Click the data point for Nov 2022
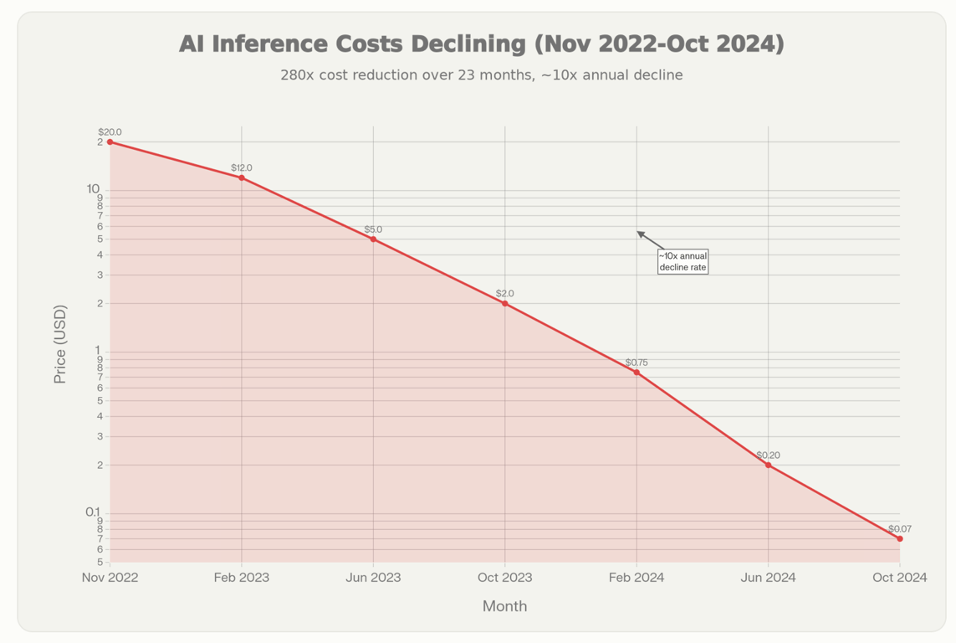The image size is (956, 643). point(110,142)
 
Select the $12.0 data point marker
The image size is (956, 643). point(242,177)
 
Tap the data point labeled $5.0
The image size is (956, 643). point(373,239)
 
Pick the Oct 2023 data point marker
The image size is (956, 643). point(505,303)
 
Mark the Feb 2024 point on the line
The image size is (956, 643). point(636,373)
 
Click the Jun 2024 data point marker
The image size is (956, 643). point(769,465)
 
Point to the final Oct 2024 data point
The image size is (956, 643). point(900,538)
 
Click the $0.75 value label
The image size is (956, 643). point(636,363)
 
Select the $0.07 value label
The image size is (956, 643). point(900,528)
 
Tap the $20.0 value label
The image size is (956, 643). point(110,132)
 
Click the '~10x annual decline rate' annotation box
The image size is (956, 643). point(682,261)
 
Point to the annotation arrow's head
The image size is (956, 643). point(639,233)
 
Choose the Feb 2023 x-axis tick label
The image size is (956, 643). point(242,578)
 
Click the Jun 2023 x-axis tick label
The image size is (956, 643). point(373,578)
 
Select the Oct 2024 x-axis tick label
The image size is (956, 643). point(900,578)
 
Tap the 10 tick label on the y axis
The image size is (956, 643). point(93,188)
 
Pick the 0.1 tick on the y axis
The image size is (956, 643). point(93,512)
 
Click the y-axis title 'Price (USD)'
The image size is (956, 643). point(60,344)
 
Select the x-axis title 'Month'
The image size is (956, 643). point(505,606)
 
